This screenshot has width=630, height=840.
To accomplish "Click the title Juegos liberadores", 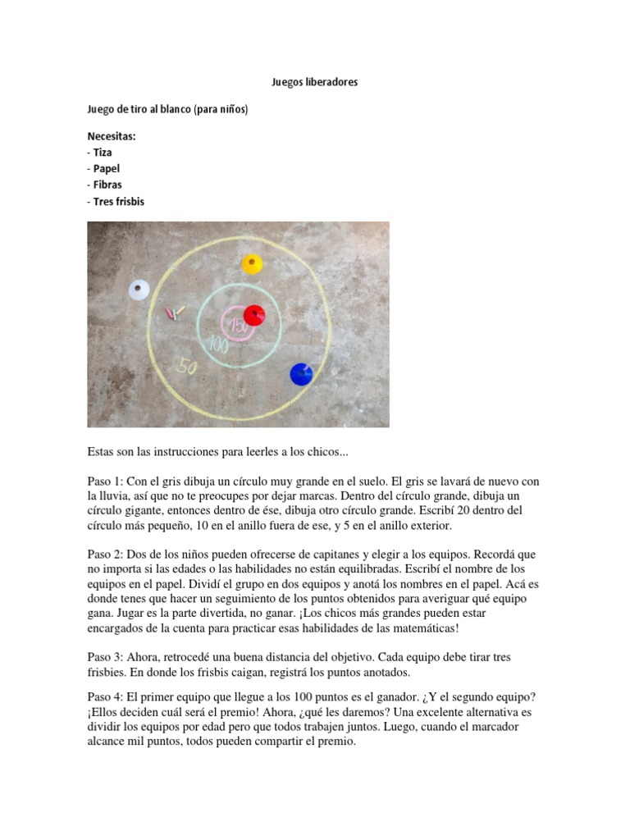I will pyautogui.click(x=314, y=83).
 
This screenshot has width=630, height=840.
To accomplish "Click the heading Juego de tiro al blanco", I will pyautogui.click(x=167, y=110).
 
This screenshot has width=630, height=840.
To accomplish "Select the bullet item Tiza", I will pyautogui.click(x=102, y=153).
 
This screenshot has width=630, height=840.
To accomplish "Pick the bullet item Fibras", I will pyautogui.click(x=107, y=185).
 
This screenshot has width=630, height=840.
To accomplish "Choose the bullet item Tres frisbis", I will pyautogui.click(x=118, y=201).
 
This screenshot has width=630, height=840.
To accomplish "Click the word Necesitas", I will pyautogui.click(x=111, y=136).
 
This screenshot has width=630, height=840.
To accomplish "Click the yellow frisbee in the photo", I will pyautogui.click(x=252, y=264).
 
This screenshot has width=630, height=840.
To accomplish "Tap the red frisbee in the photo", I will pyautogui.click(x=253, y=316).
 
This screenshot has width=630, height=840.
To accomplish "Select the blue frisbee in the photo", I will pyautogui.click(x=301, y=374).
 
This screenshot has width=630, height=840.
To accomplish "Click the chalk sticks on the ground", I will pyautogui.click(x=175, y=313).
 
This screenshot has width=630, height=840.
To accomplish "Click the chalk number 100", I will pyautogui.click(x=217, y=345).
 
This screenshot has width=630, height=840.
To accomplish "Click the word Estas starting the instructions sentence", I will pyautogui.click(x=102, y=452).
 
